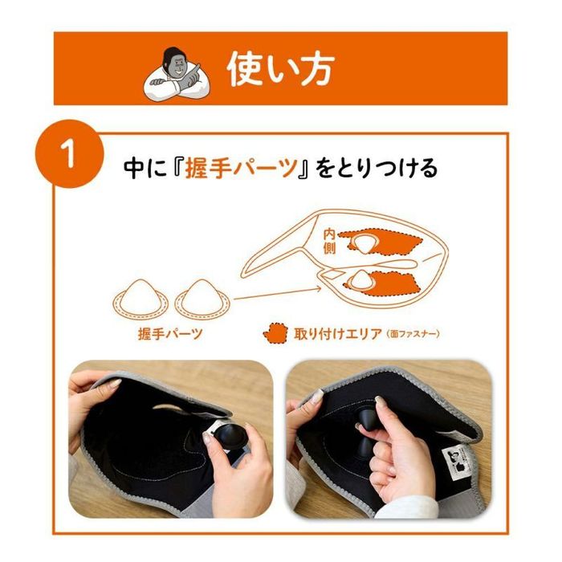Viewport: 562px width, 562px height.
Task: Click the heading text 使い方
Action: coord(279,70)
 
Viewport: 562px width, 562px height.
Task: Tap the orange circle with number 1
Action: coord(70,153)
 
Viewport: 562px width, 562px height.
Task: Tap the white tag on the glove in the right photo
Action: coord(455,466)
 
